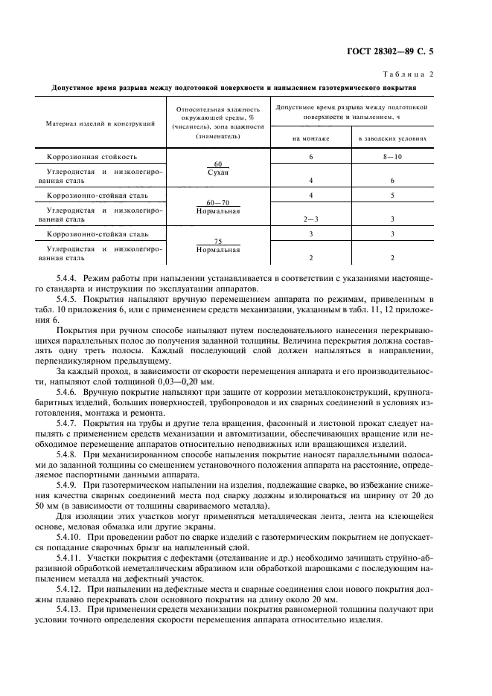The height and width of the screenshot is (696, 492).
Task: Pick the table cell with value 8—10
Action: click(392, 158)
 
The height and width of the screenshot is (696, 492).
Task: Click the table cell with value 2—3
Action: click(310, 219)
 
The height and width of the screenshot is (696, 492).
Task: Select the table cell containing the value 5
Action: click(392, 196)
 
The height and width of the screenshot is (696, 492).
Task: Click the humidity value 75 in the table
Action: click(218, 242)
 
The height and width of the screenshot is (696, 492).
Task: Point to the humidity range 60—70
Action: click(218, 202)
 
